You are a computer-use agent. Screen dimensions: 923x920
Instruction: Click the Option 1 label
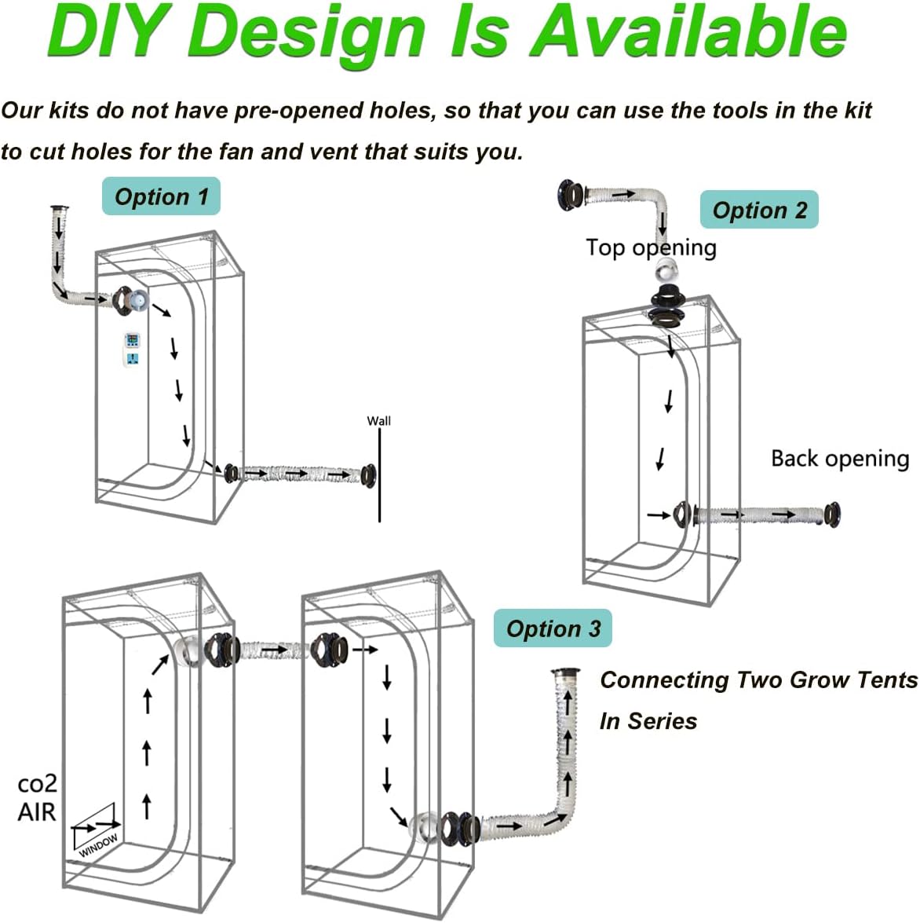click(x=161, y=196)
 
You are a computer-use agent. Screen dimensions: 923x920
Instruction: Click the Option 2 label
click(x=759, y=210)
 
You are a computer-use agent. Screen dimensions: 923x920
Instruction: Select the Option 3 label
click(x=553, y=628)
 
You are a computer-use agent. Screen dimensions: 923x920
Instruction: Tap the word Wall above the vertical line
click(x=378, y=421)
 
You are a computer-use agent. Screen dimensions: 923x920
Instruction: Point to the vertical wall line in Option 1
click(x=379, y=479)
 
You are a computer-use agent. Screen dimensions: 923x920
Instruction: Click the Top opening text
click(x=651, y=247)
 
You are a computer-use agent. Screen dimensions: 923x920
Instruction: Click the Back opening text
click(x=839, y=458)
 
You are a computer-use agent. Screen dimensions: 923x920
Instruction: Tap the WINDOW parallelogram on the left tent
click(x=96, y=830)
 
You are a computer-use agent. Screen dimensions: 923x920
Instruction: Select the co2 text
click(x=37, y=784)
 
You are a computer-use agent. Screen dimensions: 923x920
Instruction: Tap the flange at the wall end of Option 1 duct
click(x=367, y=474)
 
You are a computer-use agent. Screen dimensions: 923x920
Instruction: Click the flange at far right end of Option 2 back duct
click(x=832, y=515)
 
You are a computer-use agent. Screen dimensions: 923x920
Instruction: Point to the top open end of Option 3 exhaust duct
click(x=564, y=672)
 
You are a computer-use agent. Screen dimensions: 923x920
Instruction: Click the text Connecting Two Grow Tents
click(x=758, y=680)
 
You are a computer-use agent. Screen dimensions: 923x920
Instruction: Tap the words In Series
click(x=648, y=721)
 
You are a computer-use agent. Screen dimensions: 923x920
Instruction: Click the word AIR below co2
click(x=37, y=812)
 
